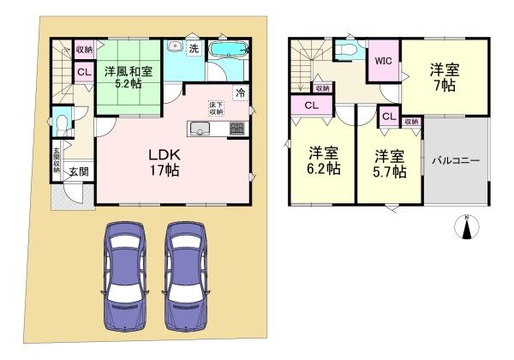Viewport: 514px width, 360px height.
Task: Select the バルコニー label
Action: pyautogui.click(x=455, y=160)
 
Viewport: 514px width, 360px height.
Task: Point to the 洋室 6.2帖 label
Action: pyautogui.click(x=325, y=161)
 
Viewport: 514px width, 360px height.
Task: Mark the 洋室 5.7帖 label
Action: pyautogui.click(x=390, y=163)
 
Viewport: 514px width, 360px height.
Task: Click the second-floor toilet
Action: pyautogui.click(x=346, y=51)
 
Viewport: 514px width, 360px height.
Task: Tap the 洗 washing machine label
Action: pyautogui.click(x=194, y=49)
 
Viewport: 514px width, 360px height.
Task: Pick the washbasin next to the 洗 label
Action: pyautogui.click(x=174, y=47)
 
